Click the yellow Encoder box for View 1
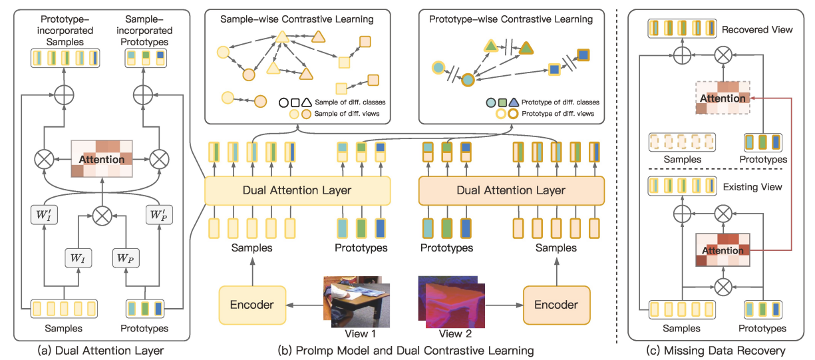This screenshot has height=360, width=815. tap(251, 304)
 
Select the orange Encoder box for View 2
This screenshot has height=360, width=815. tap(556, 304)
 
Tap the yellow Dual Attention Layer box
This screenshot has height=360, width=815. tap(297, 191)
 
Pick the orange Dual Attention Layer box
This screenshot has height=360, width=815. tap(511, 191)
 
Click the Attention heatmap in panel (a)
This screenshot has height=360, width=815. tap(102, 160)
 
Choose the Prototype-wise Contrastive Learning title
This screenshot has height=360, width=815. tap(511, 19)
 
